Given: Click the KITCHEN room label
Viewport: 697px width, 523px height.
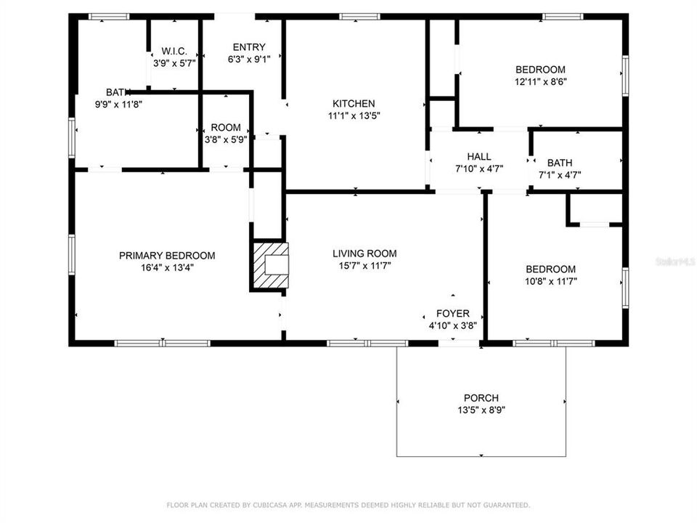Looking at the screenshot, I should tap(354, 103).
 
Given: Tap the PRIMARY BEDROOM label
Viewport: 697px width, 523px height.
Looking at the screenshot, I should tap(167, 255).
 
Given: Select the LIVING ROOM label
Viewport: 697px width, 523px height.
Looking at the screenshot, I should tap(364, 254).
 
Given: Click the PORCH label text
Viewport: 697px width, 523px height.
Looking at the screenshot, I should tap(481, 398).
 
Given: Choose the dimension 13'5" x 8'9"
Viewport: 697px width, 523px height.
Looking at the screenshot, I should tap(481, 410).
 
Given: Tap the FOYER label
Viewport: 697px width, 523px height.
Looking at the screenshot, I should tap(452, 314).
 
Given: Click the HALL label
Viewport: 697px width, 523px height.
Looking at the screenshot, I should tap(479, 156).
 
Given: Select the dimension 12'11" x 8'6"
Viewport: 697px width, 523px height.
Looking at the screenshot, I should tap(540, 82).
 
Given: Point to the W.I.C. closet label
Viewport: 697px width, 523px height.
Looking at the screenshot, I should tap(174, 51).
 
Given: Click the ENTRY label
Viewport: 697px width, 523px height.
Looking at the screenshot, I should tap(248, 48).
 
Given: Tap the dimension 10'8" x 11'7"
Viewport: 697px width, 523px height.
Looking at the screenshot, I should tap(550, 281).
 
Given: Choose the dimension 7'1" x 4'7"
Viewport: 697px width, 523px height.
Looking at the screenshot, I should tap(559, 174).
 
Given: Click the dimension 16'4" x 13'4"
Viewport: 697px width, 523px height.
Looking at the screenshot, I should tap(167, 267).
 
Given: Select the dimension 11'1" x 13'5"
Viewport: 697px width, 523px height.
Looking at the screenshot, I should tap(354, 115).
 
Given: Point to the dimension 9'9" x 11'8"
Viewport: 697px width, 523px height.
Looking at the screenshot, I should tap(119, 105).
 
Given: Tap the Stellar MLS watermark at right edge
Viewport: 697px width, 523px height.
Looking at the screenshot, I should tap(674, 260).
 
